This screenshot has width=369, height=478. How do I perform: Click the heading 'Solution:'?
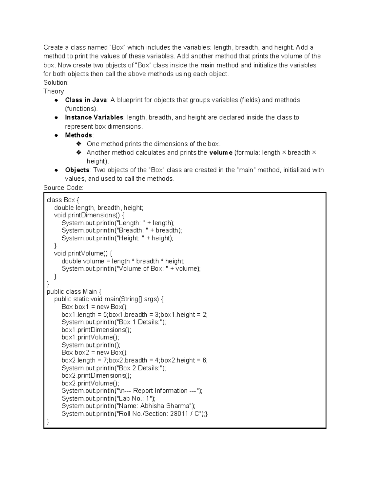[56, 82]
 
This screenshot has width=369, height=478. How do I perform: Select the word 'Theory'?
[54, 91]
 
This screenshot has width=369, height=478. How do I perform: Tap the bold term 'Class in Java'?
[86, 100]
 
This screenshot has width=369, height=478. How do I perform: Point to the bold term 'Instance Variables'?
[94, 118]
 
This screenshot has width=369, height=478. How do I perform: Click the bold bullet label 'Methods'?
[78, 135]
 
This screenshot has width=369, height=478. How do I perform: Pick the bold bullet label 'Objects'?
[77, 170]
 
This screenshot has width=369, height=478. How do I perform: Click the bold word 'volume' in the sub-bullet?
[220, 153]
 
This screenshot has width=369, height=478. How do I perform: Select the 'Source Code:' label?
[63, 188]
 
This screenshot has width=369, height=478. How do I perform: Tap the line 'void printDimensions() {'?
[89, 215]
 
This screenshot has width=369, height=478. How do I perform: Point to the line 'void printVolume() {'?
[83, 253]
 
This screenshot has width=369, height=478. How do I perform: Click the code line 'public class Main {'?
[74, 291]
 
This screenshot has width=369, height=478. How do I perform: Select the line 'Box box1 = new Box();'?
[94, 307]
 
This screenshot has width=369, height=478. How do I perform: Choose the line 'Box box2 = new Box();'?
[94, 352]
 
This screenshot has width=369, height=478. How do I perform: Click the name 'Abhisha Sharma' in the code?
[165, 406]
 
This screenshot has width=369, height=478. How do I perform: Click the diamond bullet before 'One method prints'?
[79, 144]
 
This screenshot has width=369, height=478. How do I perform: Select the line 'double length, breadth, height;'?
[99, 208]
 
